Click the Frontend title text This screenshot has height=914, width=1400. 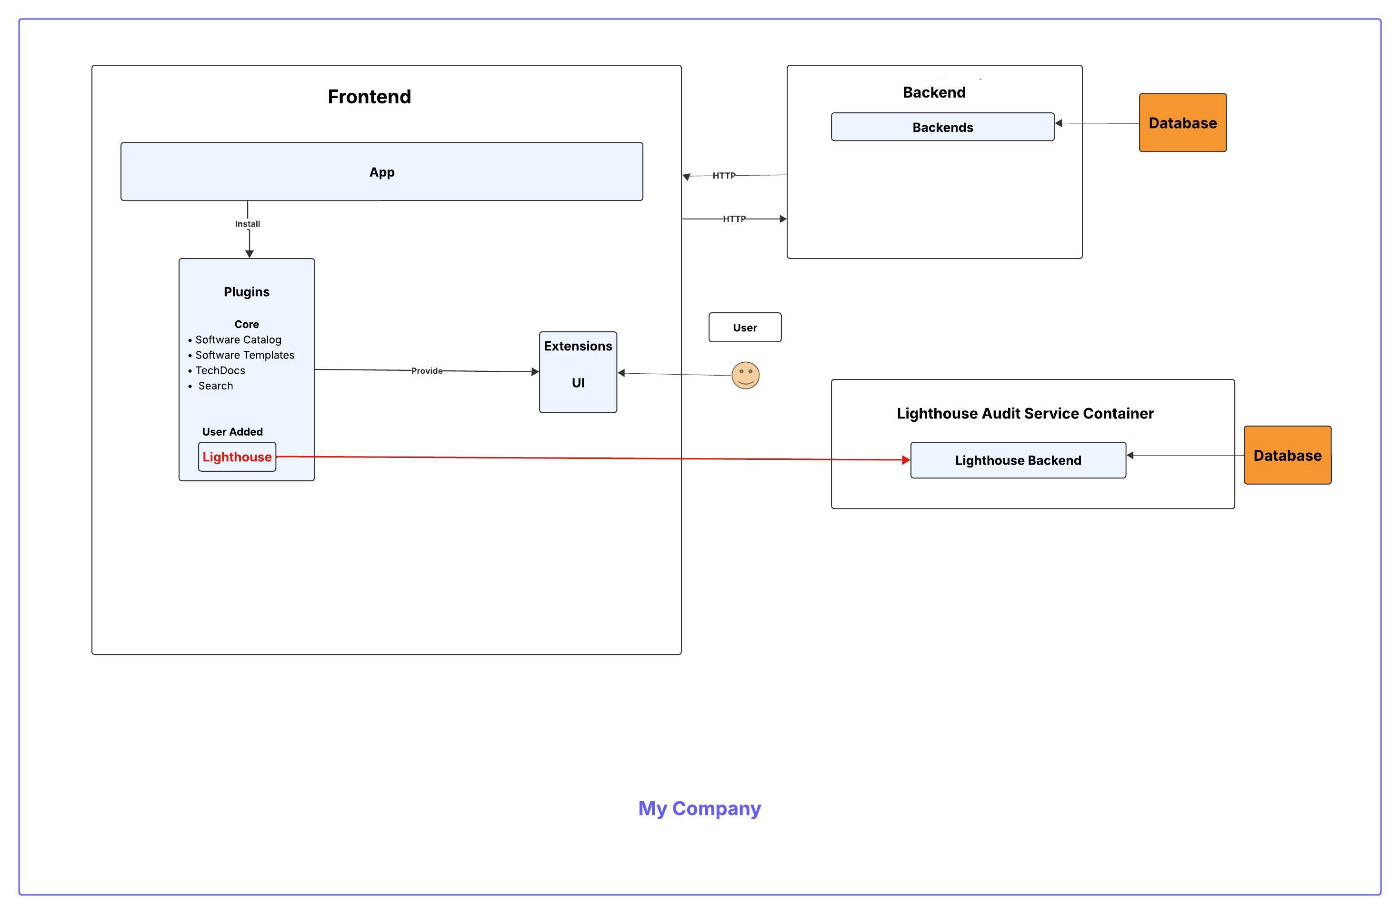[369, 97]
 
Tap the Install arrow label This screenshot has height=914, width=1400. [247, 224]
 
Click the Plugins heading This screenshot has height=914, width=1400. [247, 292]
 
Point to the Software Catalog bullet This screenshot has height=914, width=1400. [238, 340]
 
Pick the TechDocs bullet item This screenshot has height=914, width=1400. [220, 370]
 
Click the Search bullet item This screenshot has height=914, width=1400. [215, 386]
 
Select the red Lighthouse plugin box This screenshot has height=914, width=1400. [237, 457]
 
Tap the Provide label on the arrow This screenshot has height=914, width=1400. [427, 370]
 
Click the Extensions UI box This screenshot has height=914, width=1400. [578, 372]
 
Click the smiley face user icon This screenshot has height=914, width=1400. [745, 375]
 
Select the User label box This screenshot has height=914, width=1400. [745, 328]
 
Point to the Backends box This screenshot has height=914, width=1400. [942, 127]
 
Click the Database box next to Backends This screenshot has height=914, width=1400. [1182, 123]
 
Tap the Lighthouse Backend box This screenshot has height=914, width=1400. [1018, 460]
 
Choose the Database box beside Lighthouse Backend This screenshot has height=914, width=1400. [1287, 455]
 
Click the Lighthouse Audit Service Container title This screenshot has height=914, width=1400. [1025, 414]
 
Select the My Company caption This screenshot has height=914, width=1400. [700, 808]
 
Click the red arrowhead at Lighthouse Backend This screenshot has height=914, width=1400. [906, 460]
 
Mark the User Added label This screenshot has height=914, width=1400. [232, 432]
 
